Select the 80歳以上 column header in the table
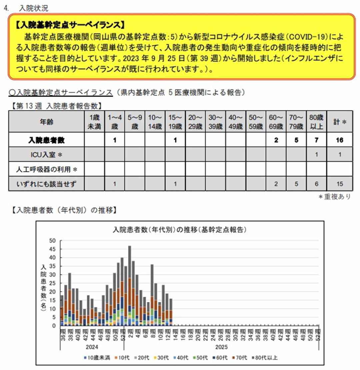[x=317, y=122]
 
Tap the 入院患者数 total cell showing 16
[x=339, y=140]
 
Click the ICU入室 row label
[x=46, y=155]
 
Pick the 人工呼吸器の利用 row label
[x=46, y=169]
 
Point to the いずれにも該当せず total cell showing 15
[x=339, y=183]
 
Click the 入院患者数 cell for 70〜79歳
[x=296, y=140]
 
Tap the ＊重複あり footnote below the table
[x=334, y=197]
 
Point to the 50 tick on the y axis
[x=52, y=241]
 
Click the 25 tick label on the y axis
[x=52, y=283]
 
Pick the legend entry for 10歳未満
[x=96, y=358]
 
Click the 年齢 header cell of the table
[x=46, y=122]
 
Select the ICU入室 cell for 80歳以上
[x=317, y=155]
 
